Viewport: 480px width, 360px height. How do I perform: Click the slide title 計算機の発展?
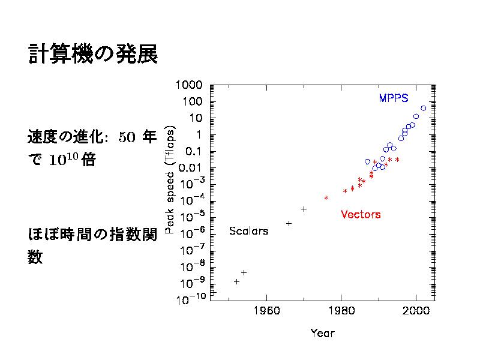93,55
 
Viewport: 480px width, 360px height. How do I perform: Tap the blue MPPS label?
394,98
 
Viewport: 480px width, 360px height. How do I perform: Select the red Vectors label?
361,214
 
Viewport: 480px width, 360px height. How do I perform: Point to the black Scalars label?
249,230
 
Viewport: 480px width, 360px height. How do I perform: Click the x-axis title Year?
322,333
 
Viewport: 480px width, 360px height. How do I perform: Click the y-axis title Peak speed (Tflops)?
169,179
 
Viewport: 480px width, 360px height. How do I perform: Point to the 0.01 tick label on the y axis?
192,168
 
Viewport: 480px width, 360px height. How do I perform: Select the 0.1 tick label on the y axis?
195,151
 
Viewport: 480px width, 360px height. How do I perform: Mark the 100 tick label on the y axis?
193,101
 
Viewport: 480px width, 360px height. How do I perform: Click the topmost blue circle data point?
424,109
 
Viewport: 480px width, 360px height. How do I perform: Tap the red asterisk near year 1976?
326,197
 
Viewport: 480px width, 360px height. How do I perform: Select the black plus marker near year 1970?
304,209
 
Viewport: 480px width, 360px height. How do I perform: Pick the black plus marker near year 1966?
289,223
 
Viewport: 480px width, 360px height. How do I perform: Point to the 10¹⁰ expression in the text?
62,161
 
